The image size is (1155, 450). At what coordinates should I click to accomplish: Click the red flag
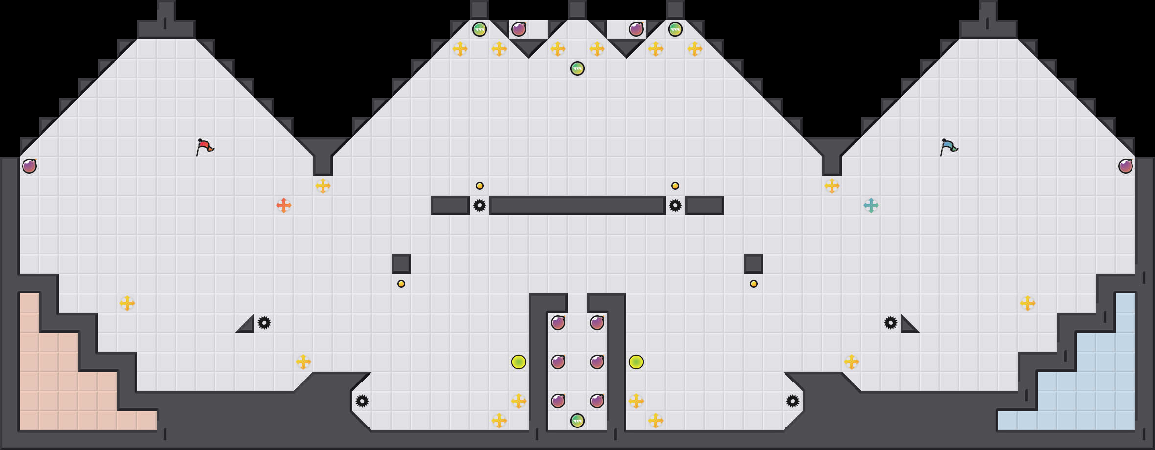[205, 146]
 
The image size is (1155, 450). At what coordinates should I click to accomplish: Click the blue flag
[948, 146]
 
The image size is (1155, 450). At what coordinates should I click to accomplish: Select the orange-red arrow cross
[284, 205]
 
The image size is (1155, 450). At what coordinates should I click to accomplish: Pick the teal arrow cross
[871, 205]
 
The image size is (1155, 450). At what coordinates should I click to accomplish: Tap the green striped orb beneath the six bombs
[577, 421]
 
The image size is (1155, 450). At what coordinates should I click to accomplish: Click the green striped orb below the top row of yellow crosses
[577, 68]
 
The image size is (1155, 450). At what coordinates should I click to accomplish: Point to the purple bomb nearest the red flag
[29, 166]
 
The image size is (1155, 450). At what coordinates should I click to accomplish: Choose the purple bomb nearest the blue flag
[1126, 166]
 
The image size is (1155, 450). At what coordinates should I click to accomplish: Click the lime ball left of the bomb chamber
[519, 362]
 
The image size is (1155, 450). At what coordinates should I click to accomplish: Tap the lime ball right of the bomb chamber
[636, 362]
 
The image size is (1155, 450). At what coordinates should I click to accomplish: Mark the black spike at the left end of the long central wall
[480, 205]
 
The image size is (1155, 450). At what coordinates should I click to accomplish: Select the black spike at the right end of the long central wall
[675, 205]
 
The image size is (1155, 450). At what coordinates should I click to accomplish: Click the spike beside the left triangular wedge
[264, 323]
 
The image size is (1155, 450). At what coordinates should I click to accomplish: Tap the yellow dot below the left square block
[401, 284]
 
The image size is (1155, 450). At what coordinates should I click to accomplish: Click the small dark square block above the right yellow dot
[754, 264]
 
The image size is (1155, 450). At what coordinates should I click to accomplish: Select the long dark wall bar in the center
[577, 205]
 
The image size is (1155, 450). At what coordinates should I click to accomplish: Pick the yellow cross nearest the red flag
[323, 186]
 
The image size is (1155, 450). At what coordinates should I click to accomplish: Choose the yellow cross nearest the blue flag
[832, 186]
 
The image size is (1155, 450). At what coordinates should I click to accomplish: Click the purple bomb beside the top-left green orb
[519, 29]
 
